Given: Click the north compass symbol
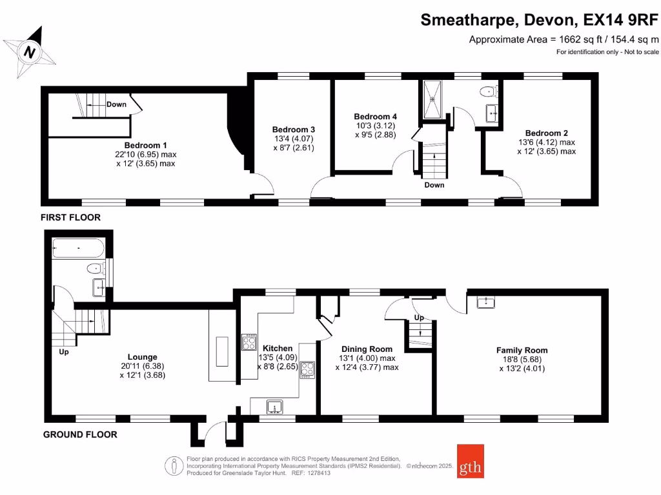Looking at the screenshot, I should click(x=28, y=51).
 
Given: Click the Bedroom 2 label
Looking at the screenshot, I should click(x=546, y=133).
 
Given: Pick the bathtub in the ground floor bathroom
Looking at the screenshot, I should click(x=77, y=247).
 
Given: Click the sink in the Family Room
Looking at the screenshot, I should click(x=485, y=302).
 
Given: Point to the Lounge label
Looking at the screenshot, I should click(x=143, y=356).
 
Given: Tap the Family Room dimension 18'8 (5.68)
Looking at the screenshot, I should click(x=522, y=360).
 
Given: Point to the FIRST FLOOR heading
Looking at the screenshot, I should click(x=71, y=218).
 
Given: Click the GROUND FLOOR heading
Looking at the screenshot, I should click(x=80, y=435).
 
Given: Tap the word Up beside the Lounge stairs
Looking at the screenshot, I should click(x=64, y=352).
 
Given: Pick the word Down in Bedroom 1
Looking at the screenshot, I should click(x=117, y=104).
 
